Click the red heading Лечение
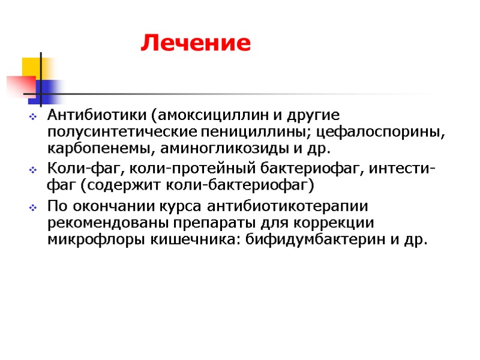tap(195, 43)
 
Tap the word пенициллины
tap(266, 131)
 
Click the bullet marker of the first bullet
tap(34, 115)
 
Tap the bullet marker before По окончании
tap(34, 207)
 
